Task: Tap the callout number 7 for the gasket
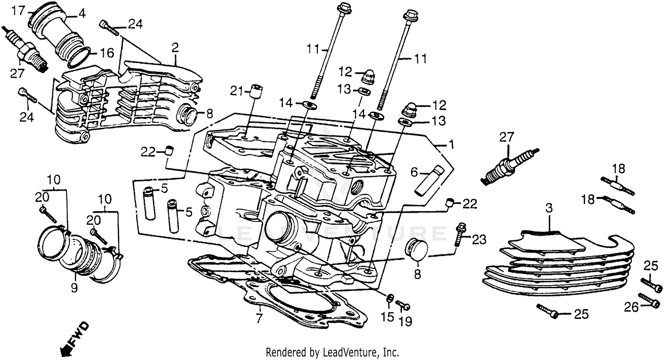pos(259,318)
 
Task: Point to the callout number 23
pos(479,240)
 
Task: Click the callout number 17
pos(16,11)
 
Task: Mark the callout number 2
pos(175,47)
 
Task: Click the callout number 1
pos(451,145)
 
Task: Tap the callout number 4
pos(81,14)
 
